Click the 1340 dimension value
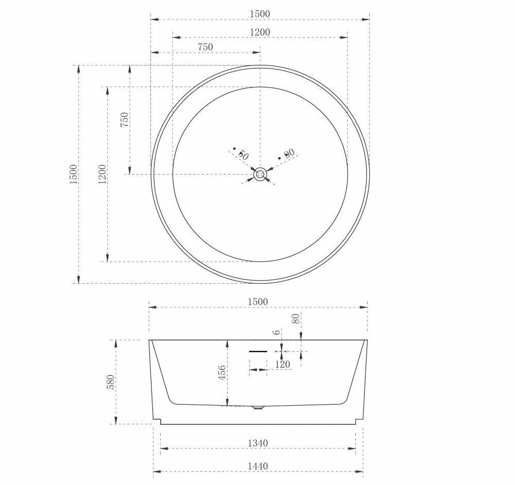click(257, 443)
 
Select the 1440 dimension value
click(257, 466)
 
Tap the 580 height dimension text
click(111, 382)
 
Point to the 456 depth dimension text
click(222, 373)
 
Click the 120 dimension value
click(282, 364)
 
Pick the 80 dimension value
click(296, 319)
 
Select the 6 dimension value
click(277, 332)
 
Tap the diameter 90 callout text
click(287, 153)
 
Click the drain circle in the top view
click(260, 174)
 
